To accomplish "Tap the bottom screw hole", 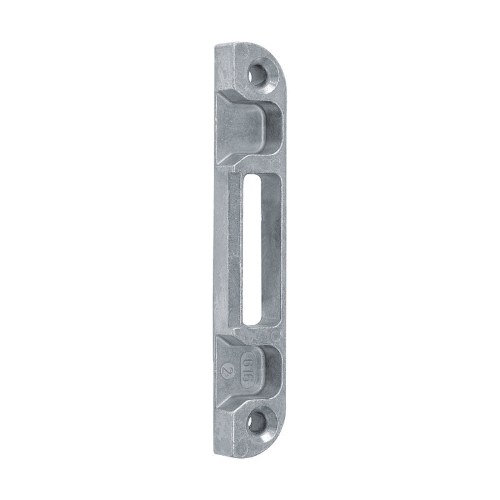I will click(256, 422).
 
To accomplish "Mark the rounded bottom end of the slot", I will click(256, 320).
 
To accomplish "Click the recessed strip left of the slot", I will click(236, 250).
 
